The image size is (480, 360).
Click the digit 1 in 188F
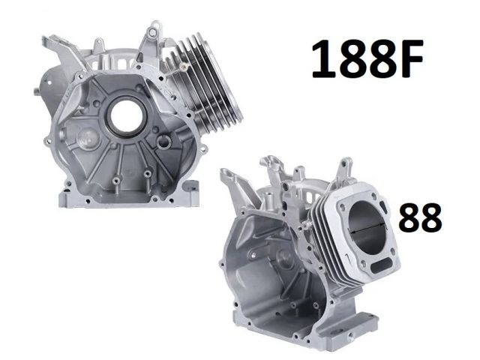tap(322, 58)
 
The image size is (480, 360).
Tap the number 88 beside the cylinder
tap(420, 218)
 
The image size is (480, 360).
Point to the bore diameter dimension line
tap(367, 228)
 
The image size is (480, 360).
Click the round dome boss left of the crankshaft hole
tap(89, 139)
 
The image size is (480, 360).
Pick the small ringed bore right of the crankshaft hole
tap(163, 142)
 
